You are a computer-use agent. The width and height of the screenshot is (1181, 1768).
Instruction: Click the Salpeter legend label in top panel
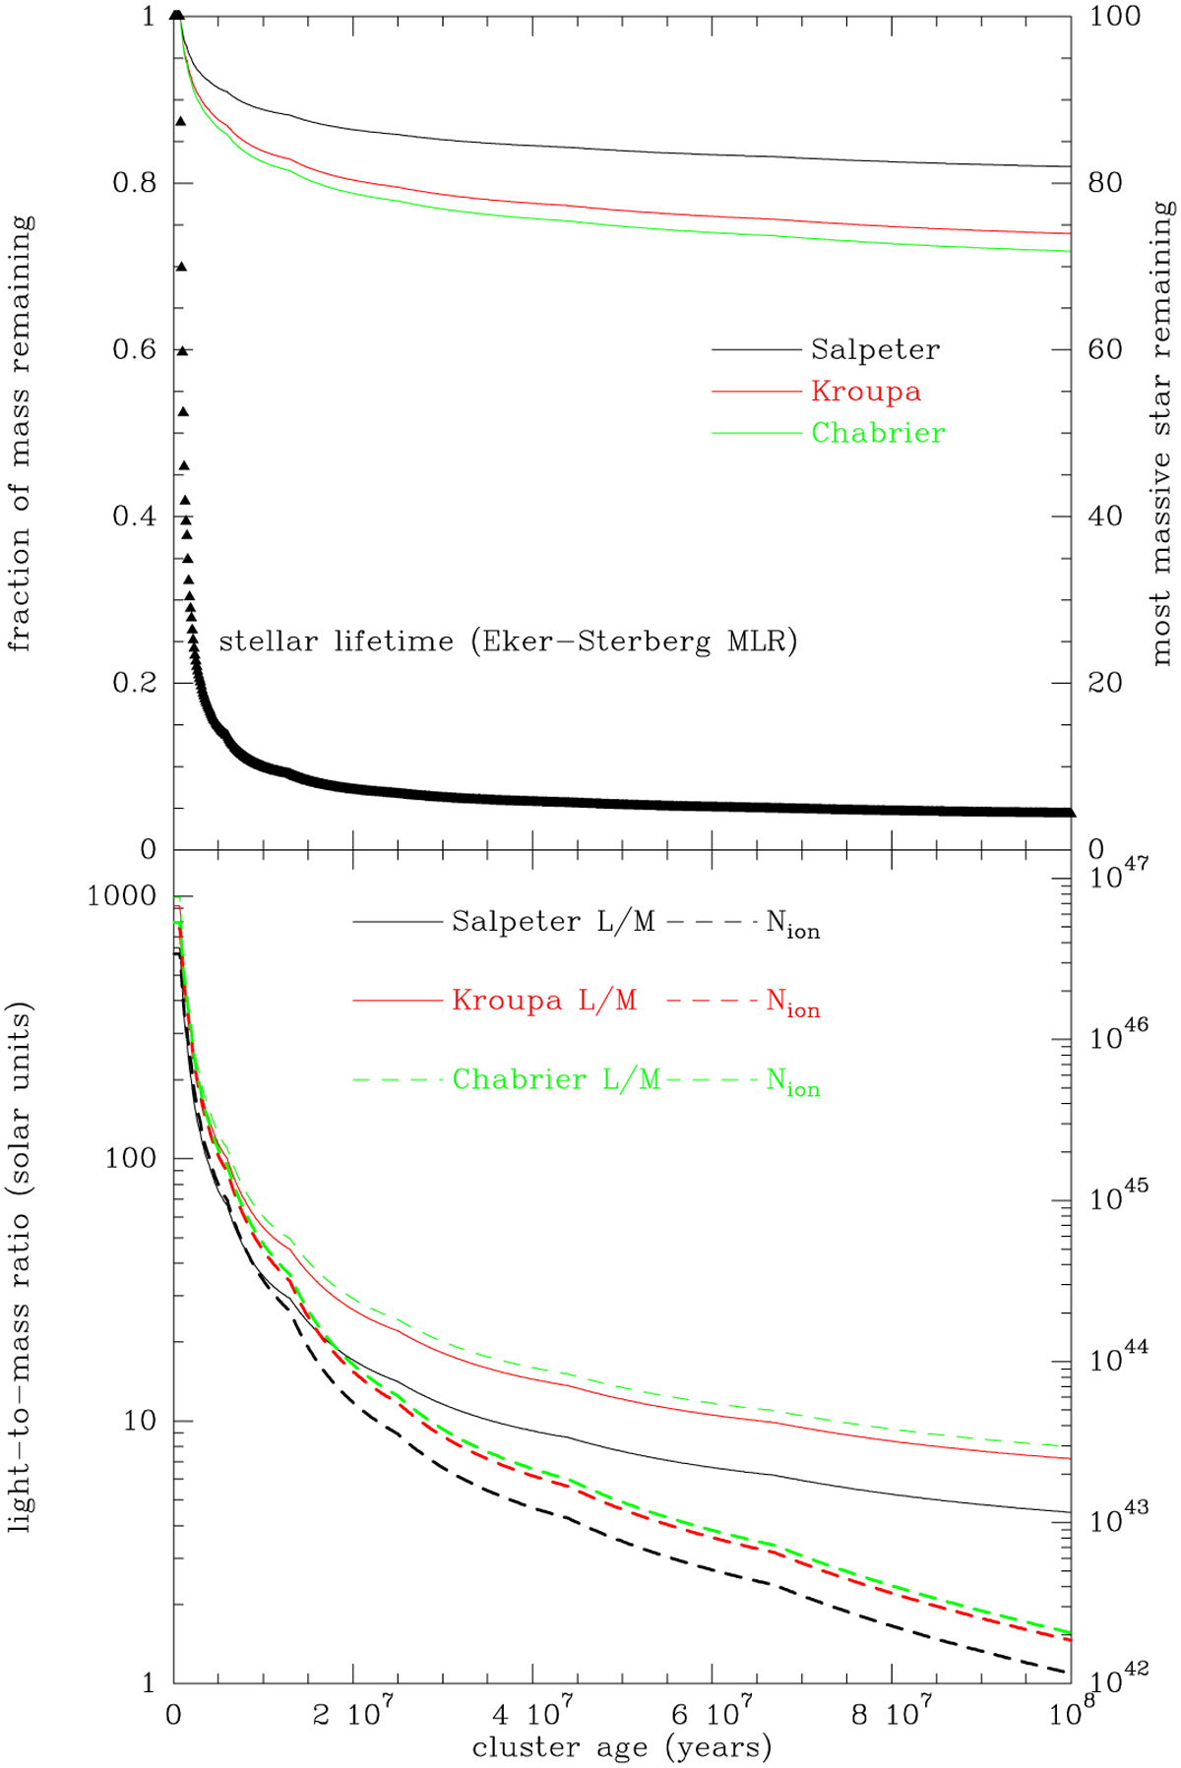tap(875, 349)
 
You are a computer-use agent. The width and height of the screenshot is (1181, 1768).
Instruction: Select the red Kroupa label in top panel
tap(866, 392)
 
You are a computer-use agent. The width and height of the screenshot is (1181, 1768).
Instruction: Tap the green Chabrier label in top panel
tap(878, 433)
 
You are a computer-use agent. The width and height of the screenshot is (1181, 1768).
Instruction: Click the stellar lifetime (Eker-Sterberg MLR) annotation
tap(508, 641)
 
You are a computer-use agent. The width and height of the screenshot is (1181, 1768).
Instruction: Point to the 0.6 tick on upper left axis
tap(134, 350)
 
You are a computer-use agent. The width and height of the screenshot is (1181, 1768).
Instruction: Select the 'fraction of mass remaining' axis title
tap(21, 433)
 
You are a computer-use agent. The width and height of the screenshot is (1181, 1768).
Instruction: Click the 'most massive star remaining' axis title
tap(1162, 433)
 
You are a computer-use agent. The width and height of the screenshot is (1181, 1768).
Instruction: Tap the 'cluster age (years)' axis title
tap(622, 1747)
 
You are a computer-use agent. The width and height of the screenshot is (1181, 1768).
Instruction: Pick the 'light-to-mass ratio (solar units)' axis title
tap(21, 1267)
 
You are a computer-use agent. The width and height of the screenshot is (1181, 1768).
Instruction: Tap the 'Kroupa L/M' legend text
tap(544, 1001)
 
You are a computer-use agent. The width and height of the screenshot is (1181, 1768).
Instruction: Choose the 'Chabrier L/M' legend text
tap(556, 1080)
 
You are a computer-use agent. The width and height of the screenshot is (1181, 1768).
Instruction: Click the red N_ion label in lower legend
tap(792, 1004)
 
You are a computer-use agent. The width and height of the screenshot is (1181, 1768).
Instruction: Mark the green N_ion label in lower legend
tap(792, 1082)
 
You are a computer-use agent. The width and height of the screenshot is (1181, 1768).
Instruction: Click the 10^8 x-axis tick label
tap(1071, 1713)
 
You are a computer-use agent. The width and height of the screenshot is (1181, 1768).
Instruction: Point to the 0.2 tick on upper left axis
tap(134, 683)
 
